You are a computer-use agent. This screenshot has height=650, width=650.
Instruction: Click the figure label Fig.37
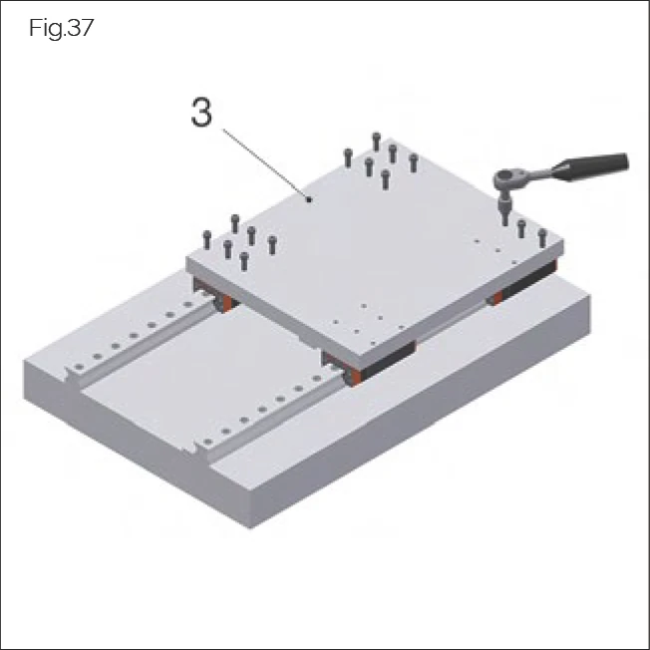(61, 28)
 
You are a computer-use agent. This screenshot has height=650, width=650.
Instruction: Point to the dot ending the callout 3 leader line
(311, 199)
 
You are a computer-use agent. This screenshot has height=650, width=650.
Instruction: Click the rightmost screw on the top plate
(542, 237)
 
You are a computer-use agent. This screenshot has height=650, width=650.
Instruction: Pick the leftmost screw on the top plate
(207, 239)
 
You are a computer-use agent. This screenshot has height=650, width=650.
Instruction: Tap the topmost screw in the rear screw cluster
(376, 141)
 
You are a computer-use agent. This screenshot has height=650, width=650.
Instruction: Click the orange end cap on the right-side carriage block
(495, 296)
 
